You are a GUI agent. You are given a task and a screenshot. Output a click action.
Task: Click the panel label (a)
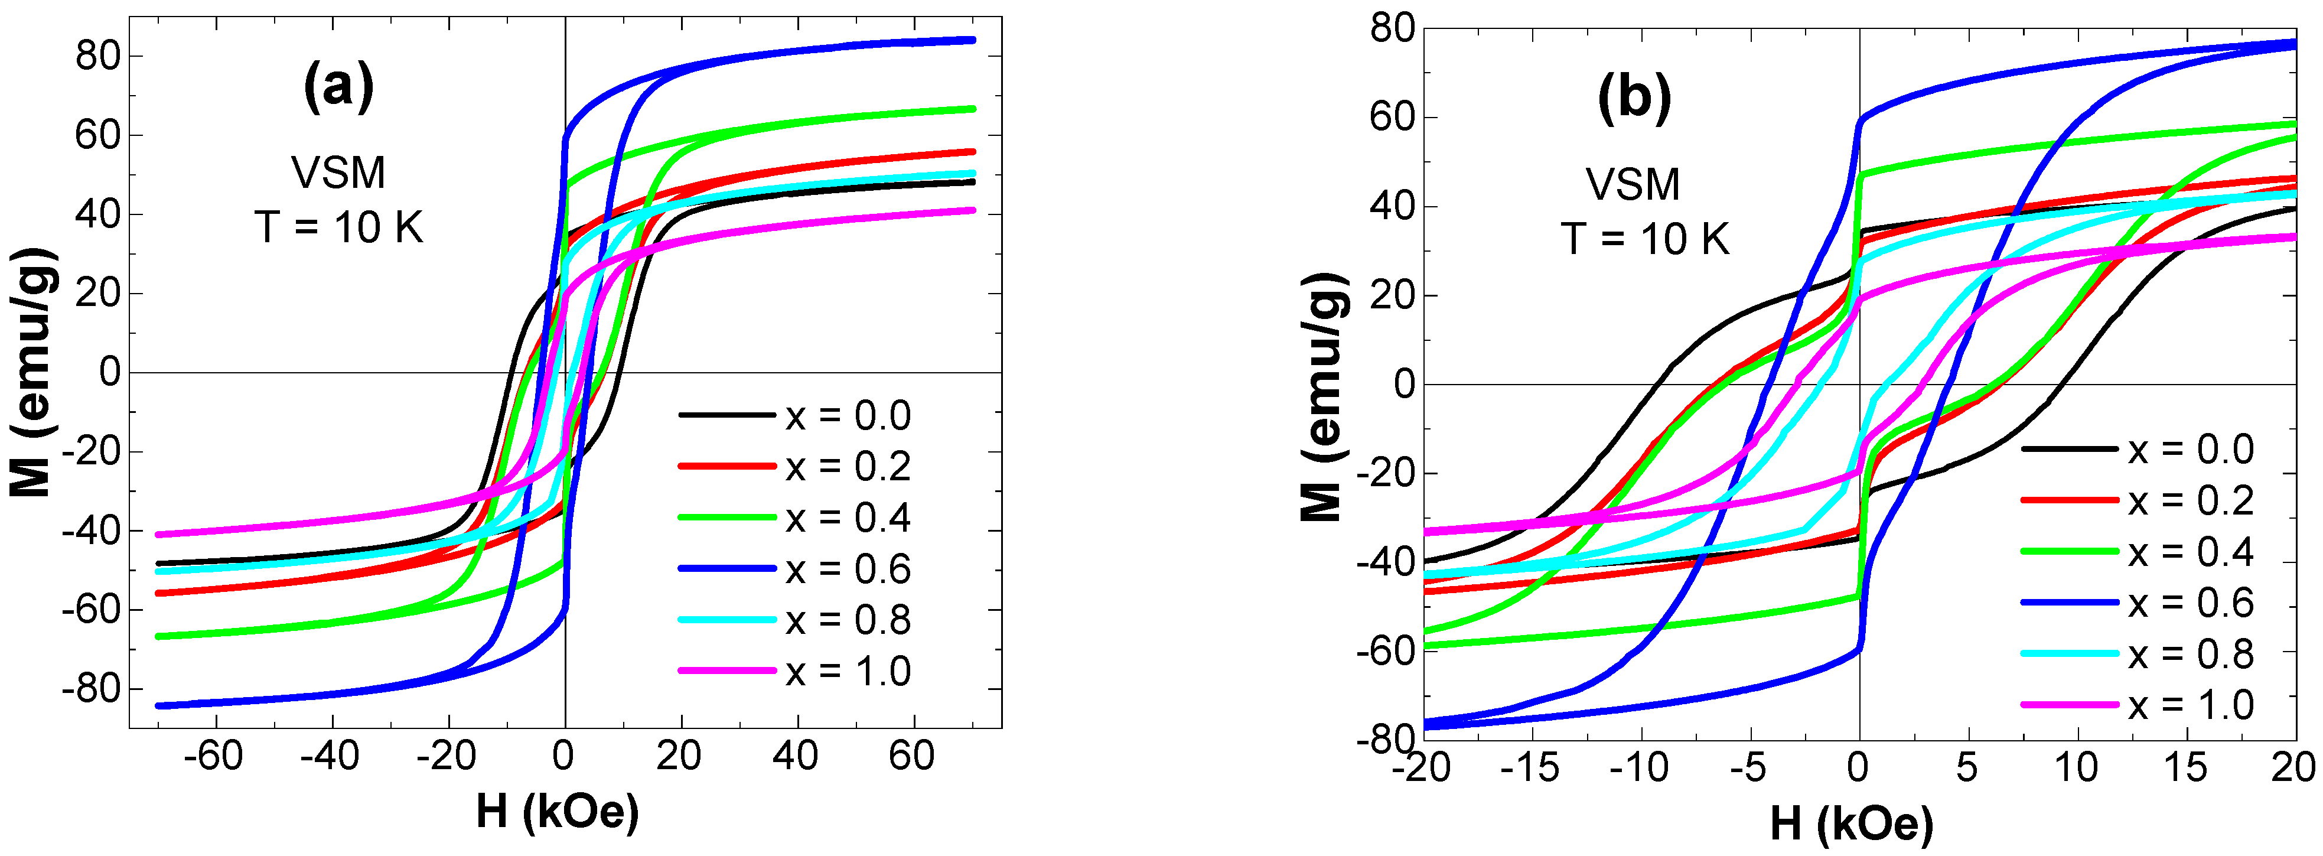coord(338,87)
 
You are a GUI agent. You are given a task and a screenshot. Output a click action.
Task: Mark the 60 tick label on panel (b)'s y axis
coord(1392,117)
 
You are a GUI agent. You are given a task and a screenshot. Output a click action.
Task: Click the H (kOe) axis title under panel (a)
coord(558,811)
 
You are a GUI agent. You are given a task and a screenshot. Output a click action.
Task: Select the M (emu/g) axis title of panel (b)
coord(1324,397)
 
